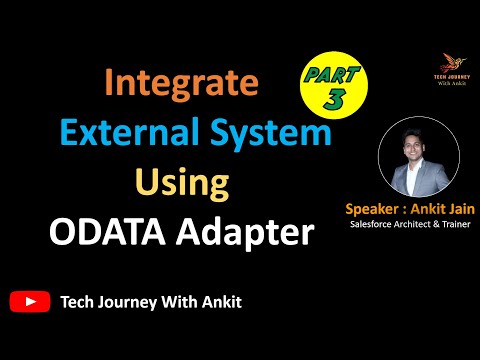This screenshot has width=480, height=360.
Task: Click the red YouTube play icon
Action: pos(29,300)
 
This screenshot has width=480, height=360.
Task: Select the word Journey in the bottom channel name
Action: pos(125,300)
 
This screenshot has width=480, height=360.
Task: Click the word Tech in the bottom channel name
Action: pos(77,300)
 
